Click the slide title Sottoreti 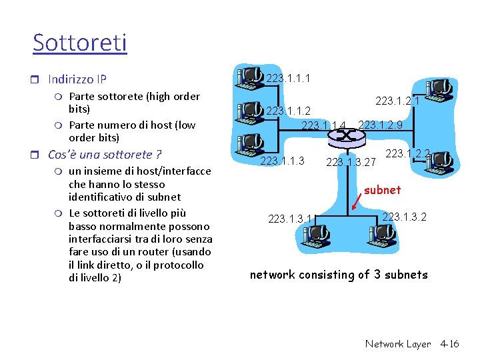tap(79, 43)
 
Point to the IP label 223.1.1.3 tap(282, 161)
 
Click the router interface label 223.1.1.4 tap(324, 125)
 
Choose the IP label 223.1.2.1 tap(397, 101)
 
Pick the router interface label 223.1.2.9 tap(380, 125)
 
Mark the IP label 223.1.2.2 tap(408, 153)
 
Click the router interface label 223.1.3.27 tap(351, 161)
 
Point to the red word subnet tap(383, 190)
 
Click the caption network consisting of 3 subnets tap(339, 275)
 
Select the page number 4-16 tap(449, 344)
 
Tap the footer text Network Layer tap(398, 344)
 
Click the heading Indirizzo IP tap(77, 79)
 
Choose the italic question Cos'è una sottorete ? tap(105, 155)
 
